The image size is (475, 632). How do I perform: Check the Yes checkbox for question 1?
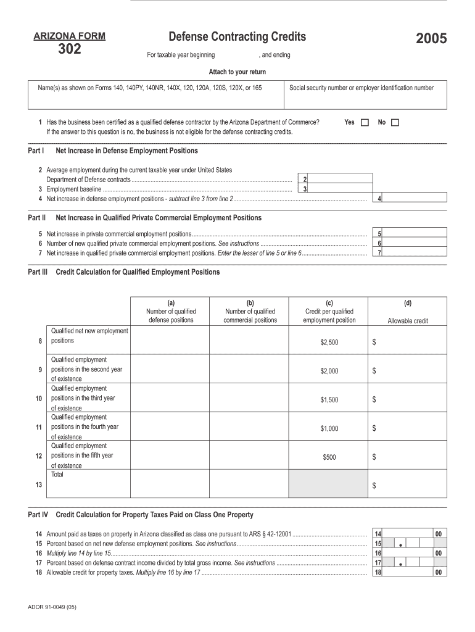tap(365, 123)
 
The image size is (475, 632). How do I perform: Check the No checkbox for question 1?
tap(395, 123)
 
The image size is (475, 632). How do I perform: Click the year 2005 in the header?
tap(431, 40)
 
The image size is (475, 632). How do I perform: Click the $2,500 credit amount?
tap(329, 343)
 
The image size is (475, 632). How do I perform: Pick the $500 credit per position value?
tap(329, 457)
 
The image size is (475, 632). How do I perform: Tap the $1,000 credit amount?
tap(329, 429)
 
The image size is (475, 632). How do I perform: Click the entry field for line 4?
tap(415, 198)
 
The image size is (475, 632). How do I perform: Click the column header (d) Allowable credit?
tap(407, 312)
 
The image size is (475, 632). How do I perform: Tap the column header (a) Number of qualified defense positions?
tap(171, 312)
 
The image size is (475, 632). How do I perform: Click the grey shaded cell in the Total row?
tap(329, 483)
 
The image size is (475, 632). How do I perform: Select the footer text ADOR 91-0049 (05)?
tap(52, 607)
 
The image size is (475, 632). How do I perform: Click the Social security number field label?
tap(361, 88)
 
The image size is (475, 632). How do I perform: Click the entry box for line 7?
tap(415, 252)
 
